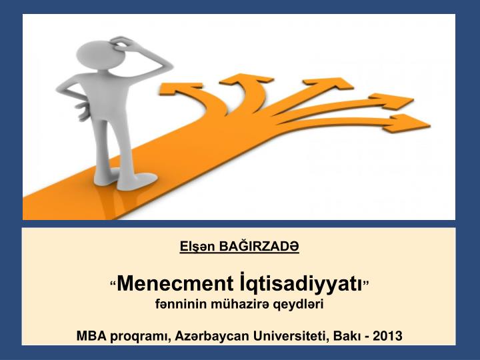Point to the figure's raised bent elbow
[x=166, y=67]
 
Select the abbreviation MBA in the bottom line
[x=91, y=335]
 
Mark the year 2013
[x=388, y=335]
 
